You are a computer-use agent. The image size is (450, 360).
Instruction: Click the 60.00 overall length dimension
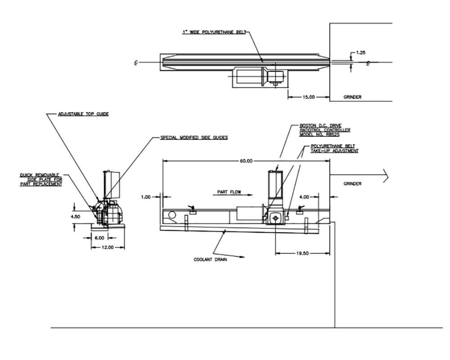click(246, 161)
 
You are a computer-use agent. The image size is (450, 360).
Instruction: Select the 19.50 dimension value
click(302, 254)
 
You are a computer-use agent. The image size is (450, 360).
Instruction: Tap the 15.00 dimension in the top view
click(309, 97)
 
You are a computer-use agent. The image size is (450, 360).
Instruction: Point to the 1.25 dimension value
click(360, 53)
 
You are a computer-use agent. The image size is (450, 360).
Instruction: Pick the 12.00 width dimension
click(107, 247)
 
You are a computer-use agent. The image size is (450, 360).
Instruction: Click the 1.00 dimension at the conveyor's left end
click(145, 197)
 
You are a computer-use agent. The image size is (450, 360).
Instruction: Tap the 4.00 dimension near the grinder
click(304, 197)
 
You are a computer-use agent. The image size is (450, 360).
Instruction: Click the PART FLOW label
click(229, 192)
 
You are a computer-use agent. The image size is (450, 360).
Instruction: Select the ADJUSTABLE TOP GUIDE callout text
click(83, 114)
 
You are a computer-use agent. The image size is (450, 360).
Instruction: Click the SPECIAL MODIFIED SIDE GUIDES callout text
click(194, 138)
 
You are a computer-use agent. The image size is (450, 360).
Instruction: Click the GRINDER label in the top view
click(352, 97)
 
